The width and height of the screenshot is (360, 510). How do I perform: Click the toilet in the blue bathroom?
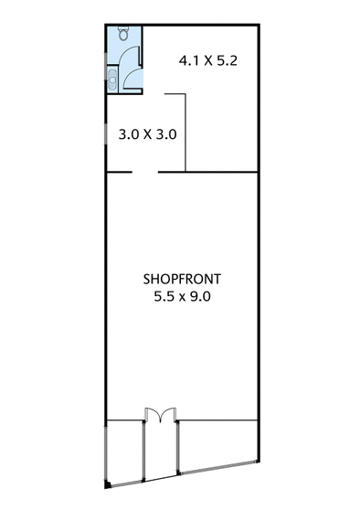(123, 33)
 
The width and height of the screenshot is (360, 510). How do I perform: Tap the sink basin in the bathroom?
(112, 80)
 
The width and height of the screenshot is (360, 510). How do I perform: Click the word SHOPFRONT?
(182, 280)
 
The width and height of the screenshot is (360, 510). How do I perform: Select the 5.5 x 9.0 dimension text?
(182, 296)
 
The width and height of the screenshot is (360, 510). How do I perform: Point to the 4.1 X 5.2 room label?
(208, 61)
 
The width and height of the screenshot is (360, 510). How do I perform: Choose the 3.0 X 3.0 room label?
(147, 134)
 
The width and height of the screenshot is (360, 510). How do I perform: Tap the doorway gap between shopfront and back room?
(145, 172)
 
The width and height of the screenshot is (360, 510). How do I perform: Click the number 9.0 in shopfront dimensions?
(200, 296)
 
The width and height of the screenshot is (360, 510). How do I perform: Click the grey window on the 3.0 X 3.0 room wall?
(105, 133)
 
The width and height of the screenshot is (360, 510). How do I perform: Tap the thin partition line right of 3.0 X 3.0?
(185, 133)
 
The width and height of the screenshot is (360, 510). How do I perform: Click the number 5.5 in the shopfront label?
(164, 296)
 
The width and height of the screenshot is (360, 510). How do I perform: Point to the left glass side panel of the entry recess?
(143, 451)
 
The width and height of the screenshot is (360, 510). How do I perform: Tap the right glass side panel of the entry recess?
(177, 448)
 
